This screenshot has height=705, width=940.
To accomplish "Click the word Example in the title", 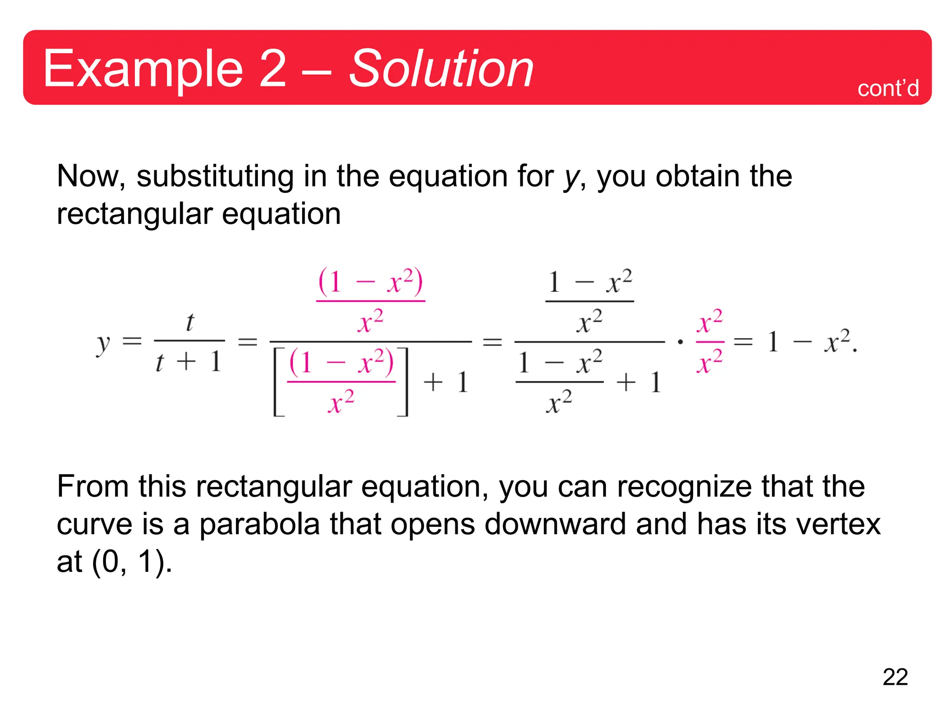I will click(x=143, y=69).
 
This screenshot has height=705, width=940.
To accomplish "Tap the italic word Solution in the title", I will click(x=441, y=69).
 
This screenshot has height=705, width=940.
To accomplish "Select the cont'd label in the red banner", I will click(x=888, y=88).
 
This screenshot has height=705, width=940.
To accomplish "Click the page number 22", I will click(x=895, y=677).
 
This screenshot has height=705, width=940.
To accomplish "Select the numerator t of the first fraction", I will click(x=190, y=322).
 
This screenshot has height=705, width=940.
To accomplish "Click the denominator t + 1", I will click(x=189, y=362).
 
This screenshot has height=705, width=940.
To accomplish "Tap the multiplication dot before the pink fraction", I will click(x=680, y=341).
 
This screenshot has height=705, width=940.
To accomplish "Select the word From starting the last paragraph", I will click(x=93, y=487).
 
